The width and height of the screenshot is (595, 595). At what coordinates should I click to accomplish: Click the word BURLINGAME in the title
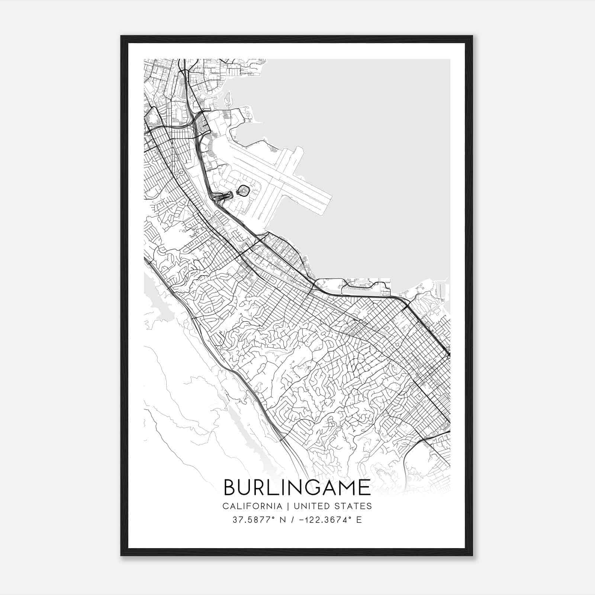coord(297,488)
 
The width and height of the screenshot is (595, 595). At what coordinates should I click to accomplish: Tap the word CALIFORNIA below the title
coord(251,506)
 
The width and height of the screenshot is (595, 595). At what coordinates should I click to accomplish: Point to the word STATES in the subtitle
coord(353,506)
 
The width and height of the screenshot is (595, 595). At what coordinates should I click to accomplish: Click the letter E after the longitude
coord(359,520)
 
